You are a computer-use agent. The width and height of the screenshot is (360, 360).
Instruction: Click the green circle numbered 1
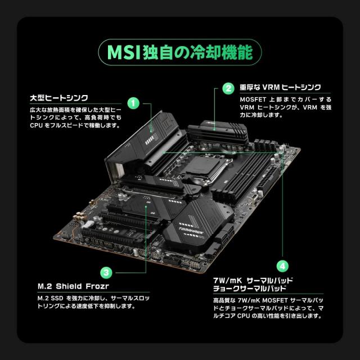click(x=133, y=103)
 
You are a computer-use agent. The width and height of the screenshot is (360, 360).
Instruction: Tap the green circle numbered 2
click(x=228, y=88)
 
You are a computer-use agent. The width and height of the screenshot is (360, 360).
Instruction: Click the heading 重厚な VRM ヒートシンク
click(x=280, y=87)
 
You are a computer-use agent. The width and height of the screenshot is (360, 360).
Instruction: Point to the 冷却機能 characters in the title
click(x=231, y=52)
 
